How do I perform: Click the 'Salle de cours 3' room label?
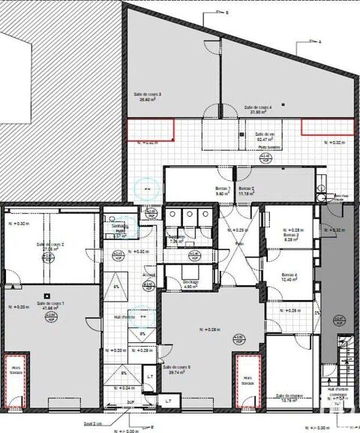tap(148, 97)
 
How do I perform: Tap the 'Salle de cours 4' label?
tap(256, 110)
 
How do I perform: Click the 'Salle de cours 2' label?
tap(50, 248)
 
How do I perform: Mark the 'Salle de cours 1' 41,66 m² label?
tap(52, 305)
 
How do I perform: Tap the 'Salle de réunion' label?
tap(288, 398)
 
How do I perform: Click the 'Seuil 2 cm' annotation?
tap(92, 425)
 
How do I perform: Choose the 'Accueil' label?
tap(148, 275)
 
